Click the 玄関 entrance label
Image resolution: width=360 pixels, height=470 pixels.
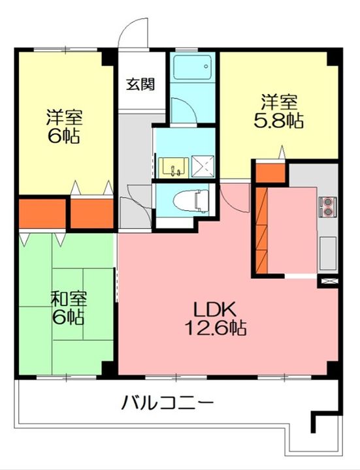click(x=140, y=84)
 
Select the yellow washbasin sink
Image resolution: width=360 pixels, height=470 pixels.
click(x=173, y=166)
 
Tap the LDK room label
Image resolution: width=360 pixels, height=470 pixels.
click(x=208, y=309)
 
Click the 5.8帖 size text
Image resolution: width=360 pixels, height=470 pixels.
click(x=279, y=122)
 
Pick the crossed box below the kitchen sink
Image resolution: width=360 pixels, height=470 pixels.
click(x=327, y=281)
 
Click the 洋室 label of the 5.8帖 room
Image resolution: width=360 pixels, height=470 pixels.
click(x=280, y=102)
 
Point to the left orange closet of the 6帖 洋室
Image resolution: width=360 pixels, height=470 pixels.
click(x=42, y=213)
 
